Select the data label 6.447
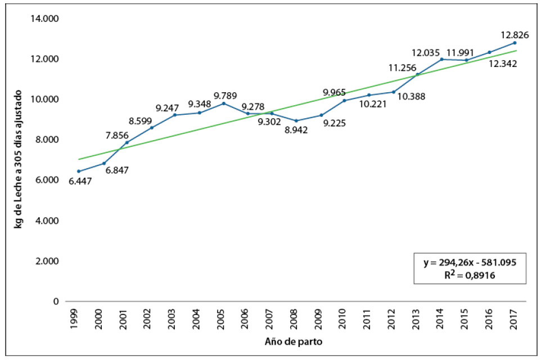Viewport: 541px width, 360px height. click(80, 181)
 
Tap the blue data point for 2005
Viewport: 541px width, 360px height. click(224, 103)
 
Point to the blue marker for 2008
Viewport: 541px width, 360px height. click(296, 120)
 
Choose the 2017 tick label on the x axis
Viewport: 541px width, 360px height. click(515, 318)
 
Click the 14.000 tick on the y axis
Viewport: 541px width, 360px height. click(47, 19)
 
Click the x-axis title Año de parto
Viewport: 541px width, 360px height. click(295, 341)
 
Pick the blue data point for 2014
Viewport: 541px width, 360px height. click(442, 59)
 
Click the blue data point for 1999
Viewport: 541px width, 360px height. click(79, 171)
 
